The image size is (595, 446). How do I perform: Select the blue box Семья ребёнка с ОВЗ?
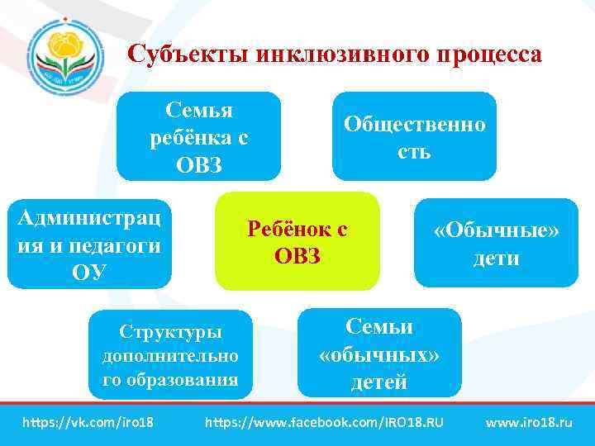198,136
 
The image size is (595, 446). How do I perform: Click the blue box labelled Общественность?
414,136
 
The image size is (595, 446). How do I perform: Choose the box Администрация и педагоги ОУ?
89,244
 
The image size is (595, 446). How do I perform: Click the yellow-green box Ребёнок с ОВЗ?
297,242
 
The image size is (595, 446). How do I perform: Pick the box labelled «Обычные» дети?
496,243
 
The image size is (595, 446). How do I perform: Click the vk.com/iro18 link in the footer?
88,423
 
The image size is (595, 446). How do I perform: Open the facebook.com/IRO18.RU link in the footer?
323,423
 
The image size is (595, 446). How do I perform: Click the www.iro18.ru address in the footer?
529,423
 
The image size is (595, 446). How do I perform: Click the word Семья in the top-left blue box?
199,110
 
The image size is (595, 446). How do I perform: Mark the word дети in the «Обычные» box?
496,258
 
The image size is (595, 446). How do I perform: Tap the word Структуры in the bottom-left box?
170,332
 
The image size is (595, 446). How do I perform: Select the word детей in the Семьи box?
379,382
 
